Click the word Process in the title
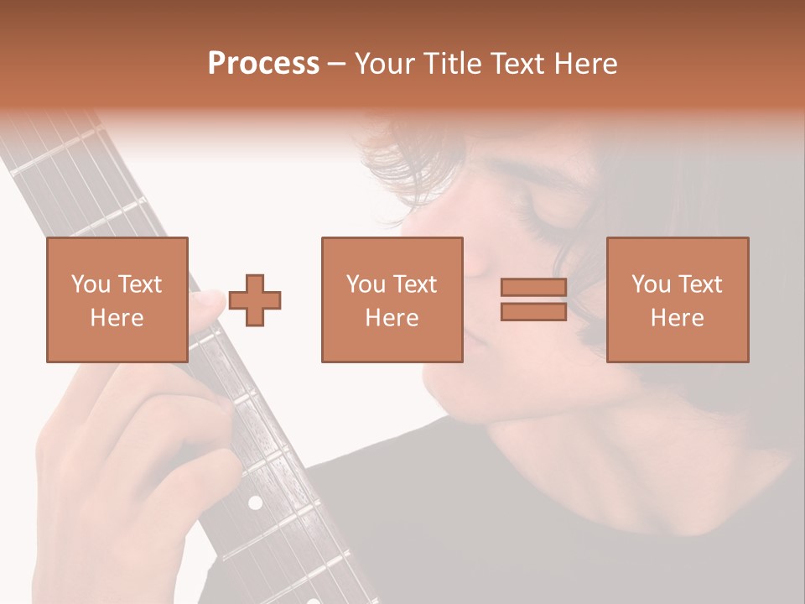263,64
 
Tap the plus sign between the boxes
255,299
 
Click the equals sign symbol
533,299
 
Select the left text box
117,299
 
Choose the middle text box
392,299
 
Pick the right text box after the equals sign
678,299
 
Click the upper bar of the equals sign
533,288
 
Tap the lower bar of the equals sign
533,311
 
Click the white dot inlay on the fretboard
255,502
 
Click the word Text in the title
514,64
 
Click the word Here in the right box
678,317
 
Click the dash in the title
336,64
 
